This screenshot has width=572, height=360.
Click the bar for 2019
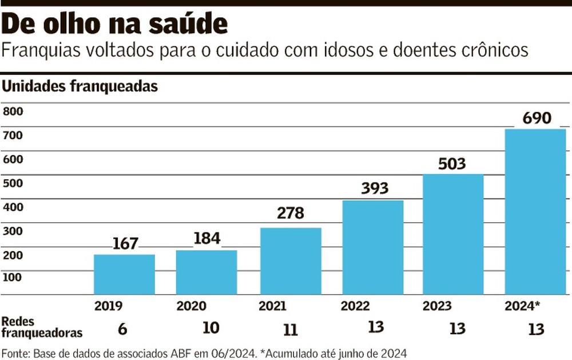[x=124, y=274]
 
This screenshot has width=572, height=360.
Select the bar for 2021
[x=290, y=261]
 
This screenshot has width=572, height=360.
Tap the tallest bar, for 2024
[x=535, y=212]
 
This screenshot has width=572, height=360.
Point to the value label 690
[x=537, y=118]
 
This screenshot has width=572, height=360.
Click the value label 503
[x=452, y=164]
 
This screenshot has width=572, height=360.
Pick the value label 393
[x=372, y=188]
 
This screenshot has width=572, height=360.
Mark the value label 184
[x=206, y=238]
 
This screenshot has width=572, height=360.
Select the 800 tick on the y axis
[x=13, y=112]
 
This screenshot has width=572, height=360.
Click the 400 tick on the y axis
[x=13, y=207]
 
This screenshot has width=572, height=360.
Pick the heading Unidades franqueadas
[x=80, y=87]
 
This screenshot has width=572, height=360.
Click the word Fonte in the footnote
[x=16, y=352]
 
